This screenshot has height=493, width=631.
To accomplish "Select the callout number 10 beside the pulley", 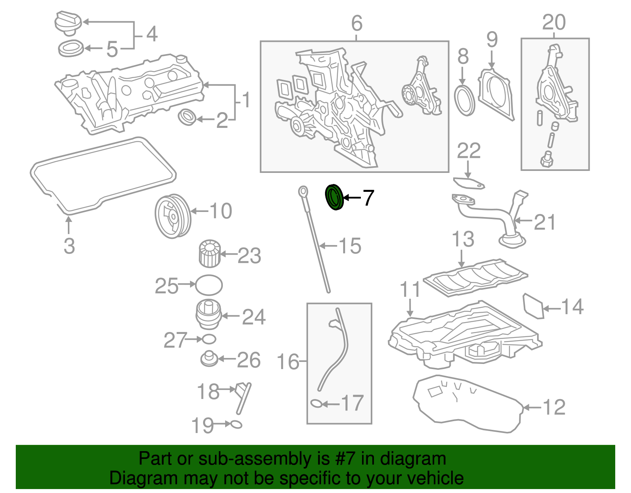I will click(221, 211).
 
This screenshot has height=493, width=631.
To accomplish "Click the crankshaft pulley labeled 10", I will click(172, 216).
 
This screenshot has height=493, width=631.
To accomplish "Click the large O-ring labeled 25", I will click(209, 285).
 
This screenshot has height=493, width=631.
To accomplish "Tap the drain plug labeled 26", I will click(209, 359).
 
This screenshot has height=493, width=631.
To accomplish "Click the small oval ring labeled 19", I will click(236, 424).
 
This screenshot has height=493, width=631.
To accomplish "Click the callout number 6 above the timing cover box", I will click(357, 23).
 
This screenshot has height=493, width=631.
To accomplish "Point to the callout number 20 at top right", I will click(554, 22).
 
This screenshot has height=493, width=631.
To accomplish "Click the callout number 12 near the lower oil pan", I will click(554, 407).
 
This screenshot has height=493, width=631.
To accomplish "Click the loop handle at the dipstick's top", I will click(303, 191).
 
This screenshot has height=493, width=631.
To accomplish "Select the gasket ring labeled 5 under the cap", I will click(71, 49).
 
